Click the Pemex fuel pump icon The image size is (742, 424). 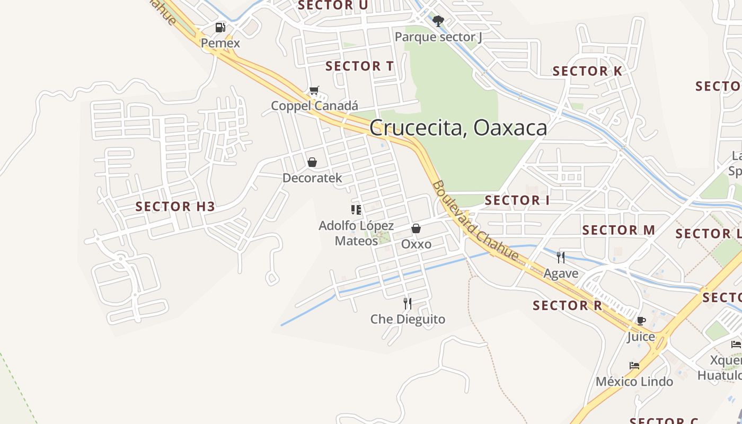(220, 28)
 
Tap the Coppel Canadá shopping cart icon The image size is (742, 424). (314, 91)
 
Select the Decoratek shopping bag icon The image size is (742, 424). (312, 162)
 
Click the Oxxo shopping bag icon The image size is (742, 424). (416, 228)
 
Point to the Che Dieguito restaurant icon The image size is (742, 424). (408, 303)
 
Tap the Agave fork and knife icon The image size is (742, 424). (561, 258)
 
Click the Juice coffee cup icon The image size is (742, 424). (641, 321)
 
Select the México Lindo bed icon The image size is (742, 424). (634, 366)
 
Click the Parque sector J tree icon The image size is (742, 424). (438, 21)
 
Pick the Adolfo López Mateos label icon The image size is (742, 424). (356, 210)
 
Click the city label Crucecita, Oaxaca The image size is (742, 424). (458, 128)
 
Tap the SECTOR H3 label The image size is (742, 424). (175, 206)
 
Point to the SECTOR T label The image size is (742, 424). (359, 66)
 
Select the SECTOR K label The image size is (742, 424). (587, 71)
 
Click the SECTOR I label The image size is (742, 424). (517, 200)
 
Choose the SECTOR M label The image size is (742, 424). (619, 230)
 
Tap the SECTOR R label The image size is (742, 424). (568, 305)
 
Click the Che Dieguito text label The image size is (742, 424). (408, 319)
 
